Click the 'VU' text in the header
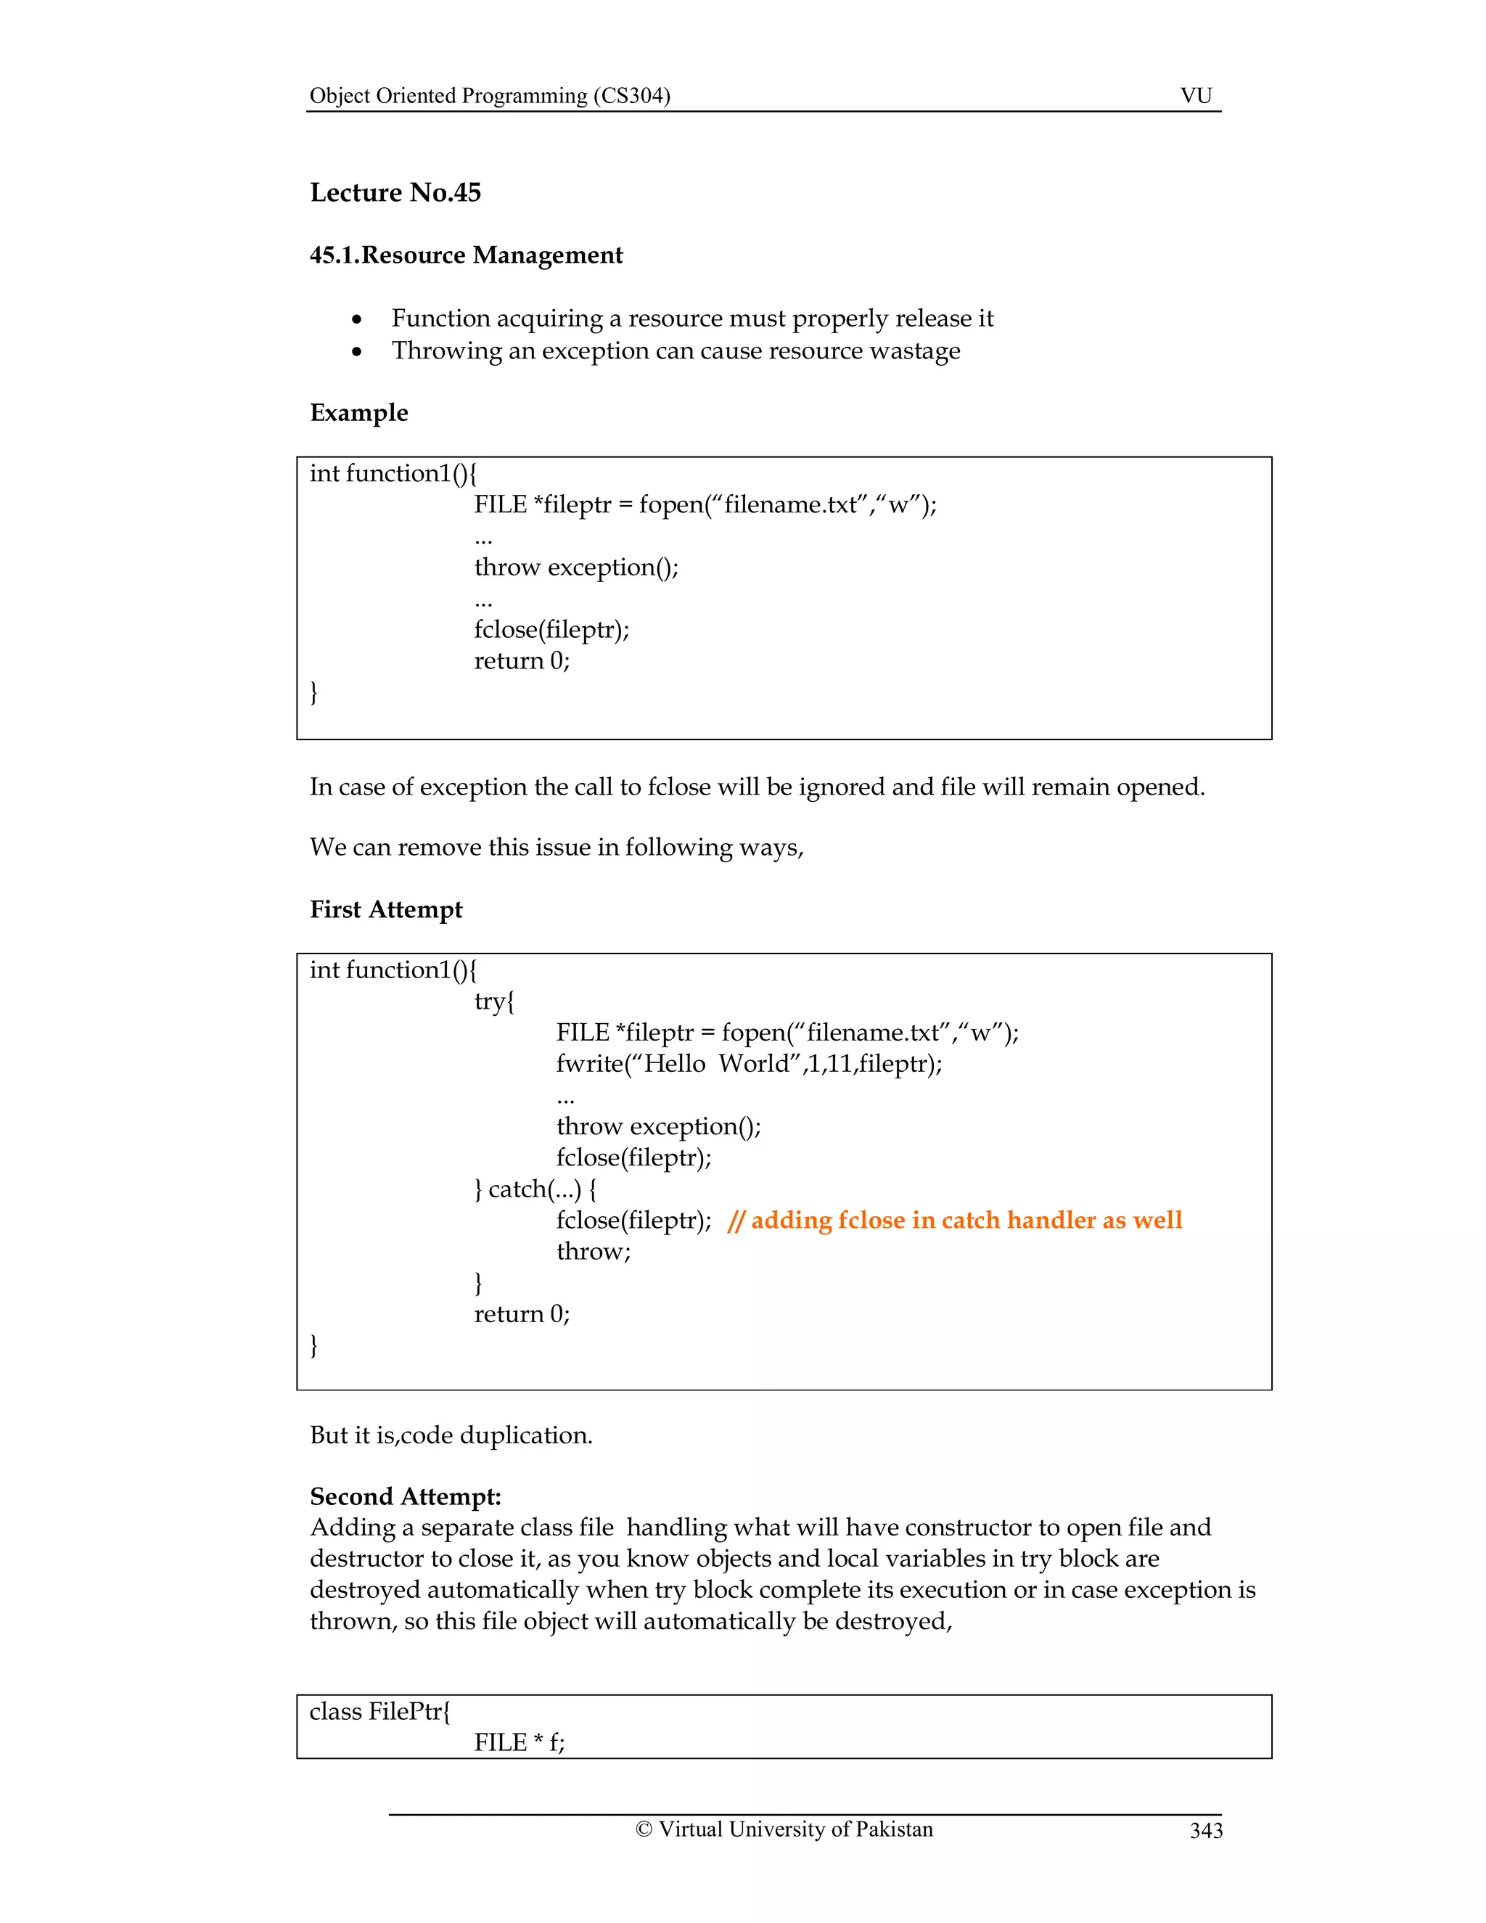(x=1196, y=95)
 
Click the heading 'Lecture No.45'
(x=395, y=192)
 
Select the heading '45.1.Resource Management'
(x=466, y=255)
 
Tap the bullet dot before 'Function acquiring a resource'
(x=356, y=319)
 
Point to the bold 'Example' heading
(x=358, y=412)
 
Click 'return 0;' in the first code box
(x=522, y=660)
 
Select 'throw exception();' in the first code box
(x=577, y=567)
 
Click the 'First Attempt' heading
(x=385, y=909)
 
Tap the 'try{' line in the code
(x=494, y=1001)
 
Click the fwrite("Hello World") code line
(x=748, y=1064)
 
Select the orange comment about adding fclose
(x=955, y=1220)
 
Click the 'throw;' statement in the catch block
(x=594, y=1251)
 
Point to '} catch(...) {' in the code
(x=535, y=1189)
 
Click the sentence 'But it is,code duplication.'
(x=451, y=1435)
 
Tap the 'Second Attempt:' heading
(x=405, y=1497)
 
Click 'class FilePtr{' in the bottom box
(x=379, y=1712)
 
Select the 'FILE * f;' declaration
(x=520, y=1742)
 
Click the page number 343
(x=1205, y=1832)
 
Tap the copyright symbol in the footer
(x=644, y=1829)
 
